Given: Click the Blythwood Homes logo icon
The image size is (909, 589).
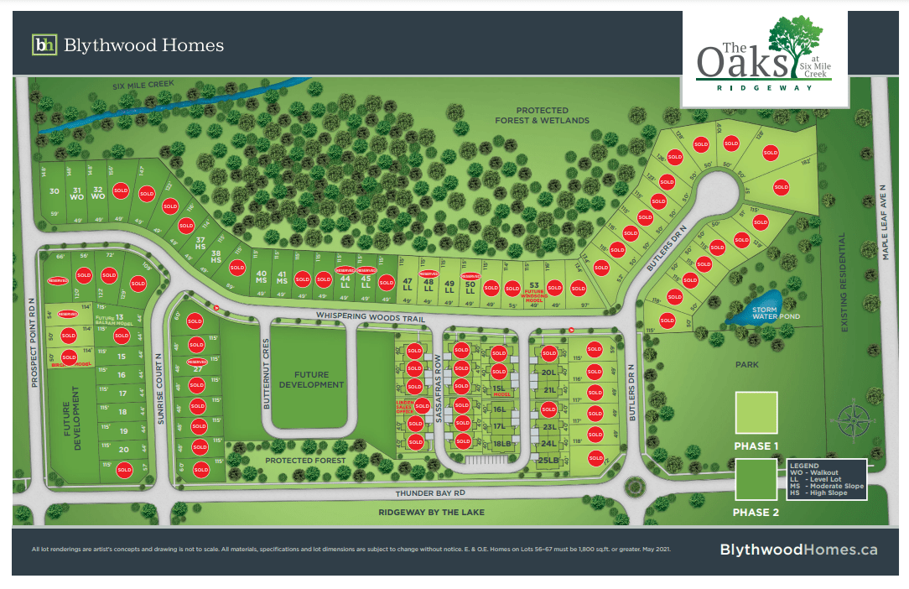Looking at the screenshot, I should (x=44, y=44).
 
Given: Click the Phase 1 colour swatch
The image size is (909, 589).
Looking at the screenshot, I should (x=756, y=413).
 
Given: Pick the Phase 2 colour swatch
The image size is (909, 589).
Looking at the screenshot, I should (x=756, y=480).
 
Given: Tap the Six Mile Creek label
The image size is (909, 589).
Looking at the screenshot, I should (x=143, y=86).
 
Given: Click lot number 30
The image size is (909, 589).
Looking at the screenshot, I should (x=55, y=191).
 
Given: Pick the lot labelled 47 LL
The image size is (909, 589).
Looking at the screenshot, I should (x=408, y=284).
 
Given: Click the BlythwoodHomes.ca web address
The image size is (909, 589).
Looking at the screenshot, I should (x=798, y=549).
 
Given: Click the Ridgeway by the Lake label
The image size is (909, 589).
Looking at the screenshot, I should (x=431, y=512).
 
